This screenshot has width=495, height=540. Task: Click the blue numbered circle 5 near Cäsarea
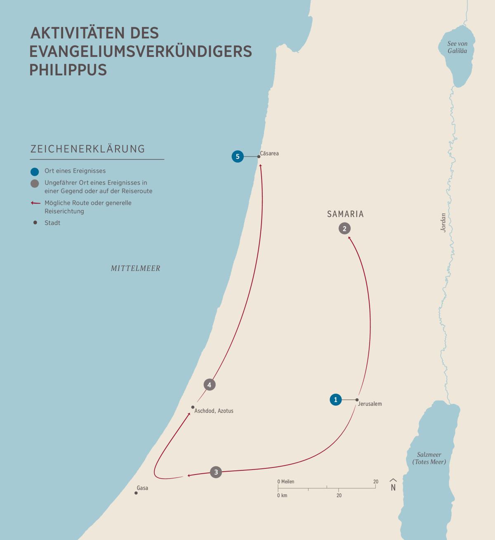coord(238,157)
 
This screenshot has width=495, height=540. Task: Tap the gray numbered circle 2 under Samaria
coord(344,228)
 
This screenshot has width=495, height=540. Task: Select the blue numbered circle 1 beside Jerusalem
coord(336,400)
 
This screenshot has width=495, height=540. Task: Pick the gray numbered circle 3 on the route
coord(216,472)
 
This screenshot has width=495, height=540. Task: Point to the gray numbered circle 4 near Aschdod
coord(210,385)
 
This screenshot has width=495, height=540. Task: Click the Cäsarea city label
coord(269,153)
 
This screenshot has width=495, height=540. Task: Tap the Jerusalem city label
coord(370,404)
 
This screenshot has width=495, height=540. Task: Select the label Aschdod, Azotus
coord(214,411)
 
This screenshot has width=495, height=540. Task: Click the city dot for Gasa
coord(136,493)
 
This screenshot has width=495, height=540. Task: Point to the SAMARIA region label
coord(345,214)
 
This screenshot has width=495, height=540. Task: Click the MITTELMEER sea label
coord(135,269)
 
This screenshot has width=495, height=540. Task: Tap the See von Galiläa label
coord(457,47)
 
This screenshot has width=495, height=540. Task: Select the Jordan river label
coord(443,222)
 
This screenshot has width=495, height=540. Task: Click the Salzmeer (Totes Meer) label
coord(429,458)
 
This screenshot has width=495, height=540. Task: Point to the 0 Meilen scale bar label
coord(286,482)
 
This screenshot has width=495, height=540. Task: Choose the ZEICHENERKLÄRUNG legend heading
coord(88,149)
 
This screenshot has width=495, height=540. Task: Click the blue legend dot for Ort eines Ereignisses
coord(35,171)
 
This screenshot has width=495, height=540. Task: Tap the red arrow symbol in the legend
coord(35,203)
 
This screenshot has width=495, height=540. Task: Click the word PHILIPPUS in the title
coord(68,70)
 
